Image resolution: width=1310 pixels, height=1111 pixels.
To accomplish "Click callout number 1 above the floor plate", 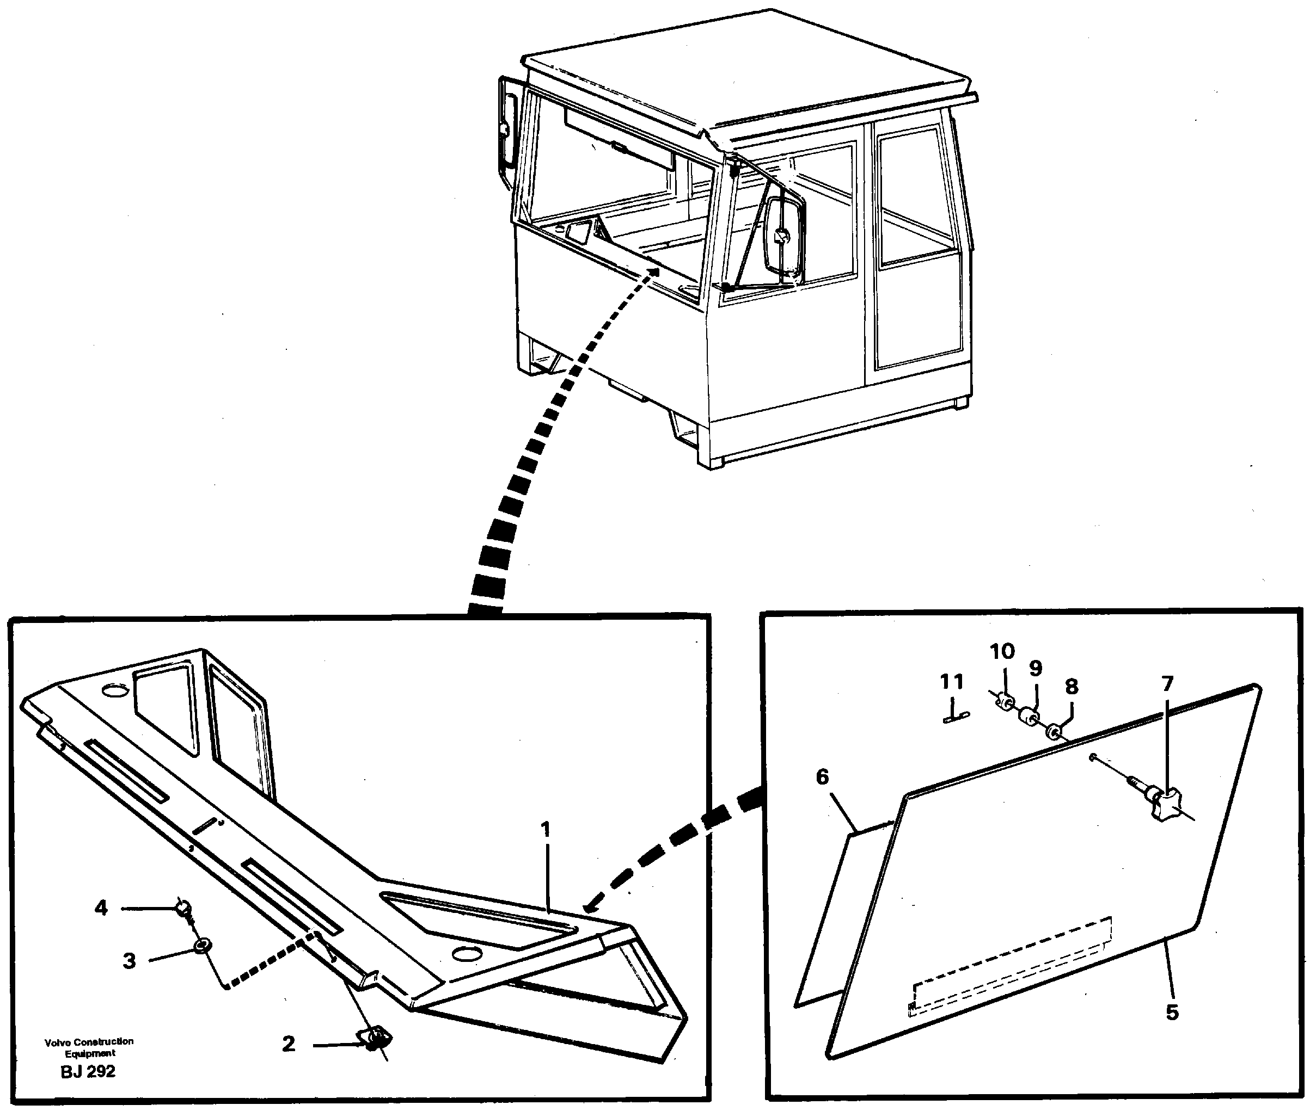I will (546, 830).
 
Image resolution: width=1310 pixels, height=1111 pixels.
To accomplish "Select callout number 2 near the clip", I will (289, 1044).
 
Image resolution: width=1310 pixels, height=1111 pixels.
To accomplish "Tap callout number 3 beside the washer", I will (129, 962).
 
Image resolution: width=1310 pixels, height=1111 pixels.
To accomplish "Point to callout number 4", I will (101, 908).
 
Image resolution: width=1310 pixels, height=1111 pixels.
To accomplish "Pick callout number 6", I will (822, 777).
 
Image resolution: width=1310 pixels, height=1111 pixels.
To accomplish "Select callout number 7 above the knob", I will (1167, 683).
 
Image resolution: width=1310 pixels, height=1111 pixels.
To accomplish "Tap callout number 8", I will (1071, 687).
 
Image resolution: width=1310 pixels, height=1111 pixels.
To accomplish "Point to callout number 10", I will (1002, 651).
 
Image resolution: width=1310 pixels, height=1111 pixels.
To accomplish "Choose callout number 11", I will (952, 682).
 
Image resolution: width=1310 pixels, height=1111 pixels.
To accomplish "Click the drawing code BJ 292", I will (88, 1071).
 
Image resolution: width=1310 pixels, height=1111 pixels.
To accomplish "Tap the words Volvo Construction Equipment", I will (89, 1047).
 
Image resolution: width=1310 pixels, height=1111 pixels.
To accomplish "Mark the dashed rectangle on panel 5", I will (1011, 963).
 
